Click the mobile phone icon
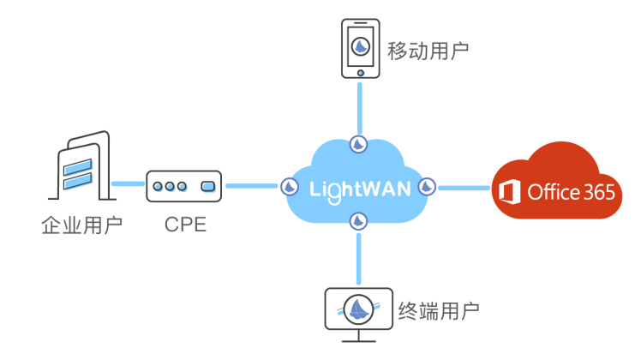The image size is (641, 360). click(x=361, y=48)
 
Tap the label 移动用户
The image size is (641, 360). click(x=428, y=51)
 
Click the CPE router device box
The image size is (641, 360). click(x=183, y=186)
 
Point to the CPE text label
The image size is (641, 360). click(x=185, y=225)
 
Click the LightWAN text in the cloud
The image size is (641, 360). click(x=359, y=188)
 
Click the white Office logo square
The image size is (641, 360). click(x=510, y=192)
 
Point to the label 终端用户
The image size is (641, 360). click(x=439, y=311)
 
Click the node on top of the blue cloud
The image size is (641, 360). click(x=359, y=143)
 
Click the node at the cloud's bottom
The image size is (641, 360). click(x=358, y=221)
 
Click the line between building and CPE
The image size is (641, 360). click(x=128, y=184)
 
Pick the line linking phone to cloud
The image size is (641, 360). click(x=360, y=107)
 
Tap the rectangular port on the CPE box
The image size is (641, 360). click(x=207, y=186)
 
